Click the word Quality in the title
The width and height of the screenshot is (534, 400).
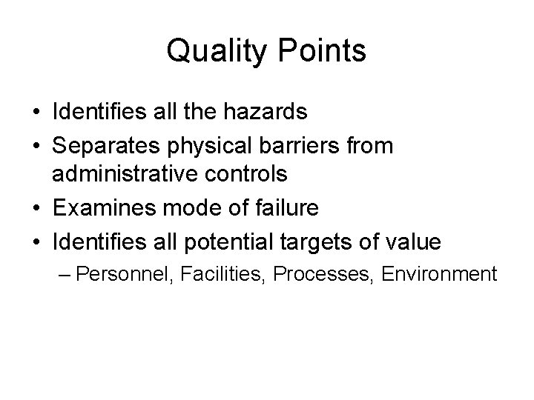tap(213, 52)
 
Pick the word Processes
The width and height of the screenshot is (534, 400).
tap(323, 275)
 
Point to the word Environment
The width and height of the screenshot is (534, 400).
tap(439, 275)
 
